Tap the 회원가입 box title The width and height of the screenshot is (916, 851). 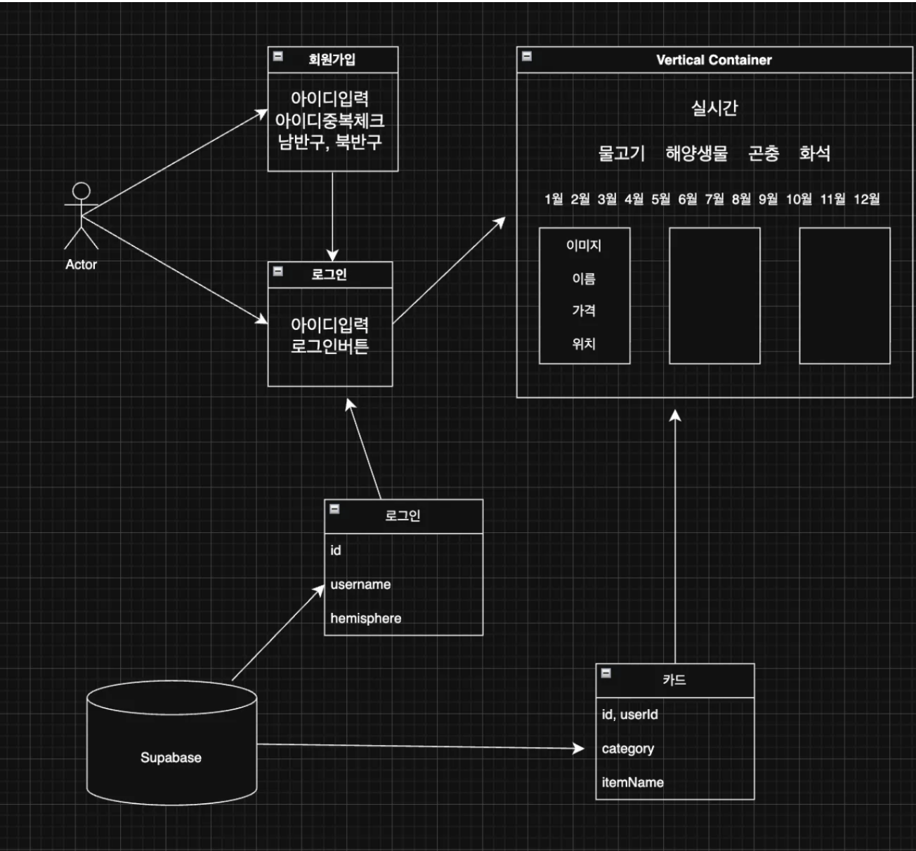tap(332, 59)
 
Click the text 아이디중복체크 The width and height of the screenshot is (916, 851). tap(329, 120)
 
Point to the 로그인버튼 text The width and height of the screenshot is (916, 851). tap(329, 346)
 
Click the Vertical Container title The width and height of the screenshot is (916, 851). tap(714, 60)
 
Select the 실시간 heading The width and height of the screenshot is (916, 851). tap(714, 108)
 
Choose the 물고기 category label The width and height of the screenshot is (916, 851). tap(621, 153)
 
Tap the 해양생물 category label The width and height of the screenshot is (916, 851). tap(696, 153)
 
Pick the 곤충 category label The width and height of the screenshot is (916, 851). tap(764, 153)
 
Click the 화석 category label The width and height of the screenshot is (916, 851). tap(814, 153)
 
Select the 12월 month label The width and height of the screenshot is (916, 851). tap(866, 199)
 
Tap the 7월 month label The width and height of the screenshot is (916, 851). tap(714, 199)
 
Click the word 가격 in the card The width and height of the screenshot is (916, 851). tap(584, 310)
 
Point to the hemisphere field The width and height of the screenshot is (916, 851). tap(366, 619)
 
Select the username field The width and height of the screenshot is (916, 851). tap(360, 584)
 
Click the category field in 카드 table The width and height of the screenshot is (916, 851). tap(627, 748)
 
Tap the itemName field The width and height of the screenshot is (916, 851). tap(632, 782)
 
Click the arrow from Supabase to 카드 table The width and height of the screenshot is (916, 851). tap(421, 746)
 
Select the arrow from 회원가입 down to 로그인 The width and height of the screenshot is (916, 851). tap(332, 215)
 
